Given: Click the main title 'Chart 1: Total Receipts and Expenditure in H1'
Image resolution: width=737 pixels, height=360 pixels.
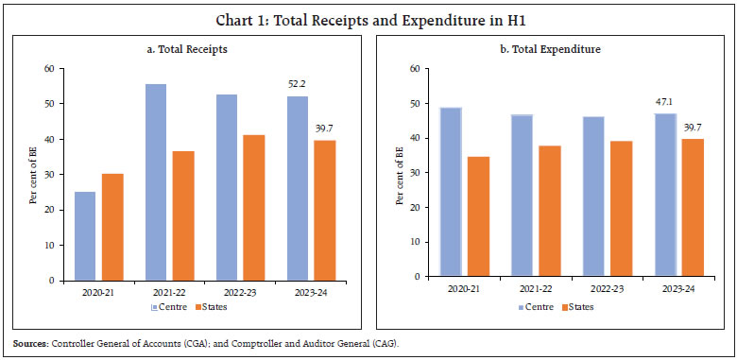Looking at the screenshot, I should (x=368, y=13).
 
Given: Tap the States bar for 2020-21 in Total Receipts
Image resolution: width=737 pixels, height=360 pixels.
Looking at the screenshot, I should (x=111, y=227).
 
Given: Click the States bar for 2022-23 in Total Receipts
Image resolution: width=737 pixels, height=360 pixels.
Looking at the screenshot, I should (x=254, y=208).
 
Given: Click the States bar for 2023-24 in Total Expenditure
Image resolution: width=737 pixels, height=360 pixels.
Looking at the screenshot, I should (x=692, y=208).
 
